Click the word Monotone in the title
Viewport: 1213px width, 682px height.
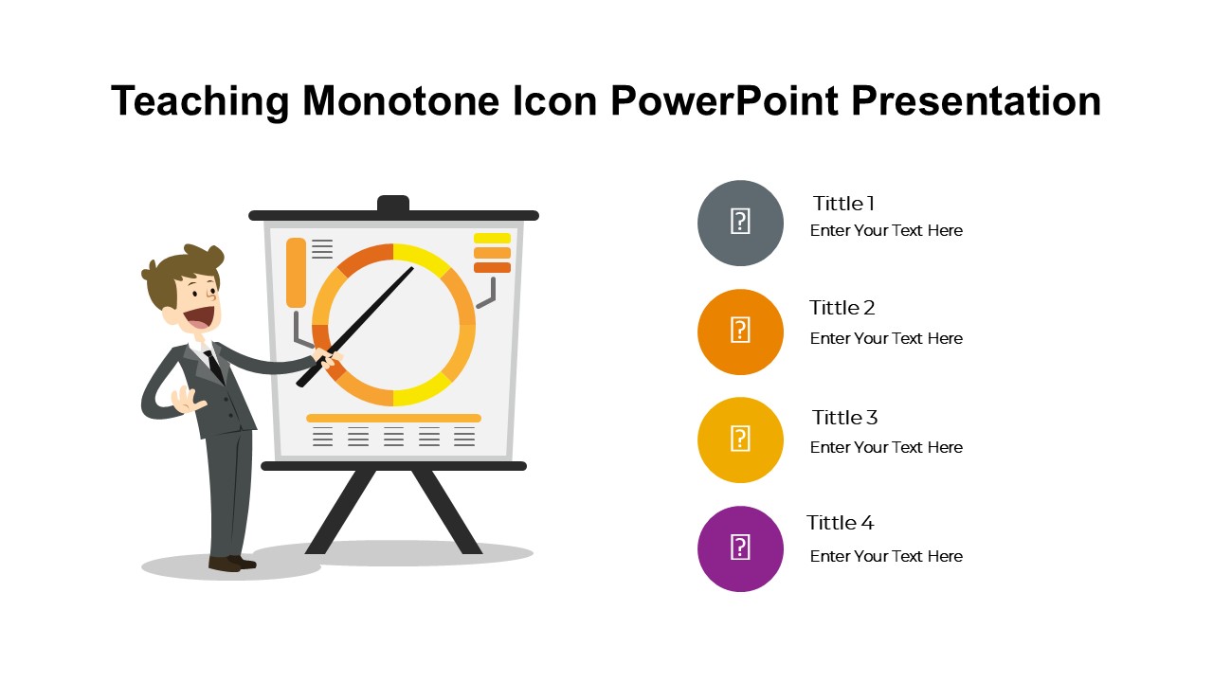pos(401,100)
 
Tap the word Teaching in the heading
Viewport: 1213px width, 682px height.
pos(200,101)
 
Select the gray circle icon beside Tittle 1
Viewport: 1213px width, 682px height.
pos(740,223)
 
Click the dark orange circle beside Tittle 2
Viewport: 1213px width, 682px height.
pos(740,332)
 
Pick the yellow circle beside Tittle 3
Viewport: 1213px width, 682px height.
pos(740,440)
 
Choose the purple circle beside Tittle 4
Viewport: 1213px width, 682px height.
pos(740,548)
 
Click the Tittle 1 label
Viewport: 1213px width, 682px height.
pos(843,204)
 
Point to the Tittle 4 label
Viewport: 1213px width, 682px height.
pos(840,522)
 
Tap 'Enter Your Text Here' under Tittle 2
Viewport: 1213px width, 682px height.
pos(886,338)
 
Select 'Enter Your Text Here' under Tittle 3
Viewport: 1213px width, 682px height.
pos(886,447)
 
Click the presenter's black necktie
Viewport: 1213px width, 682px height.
pos(214,366)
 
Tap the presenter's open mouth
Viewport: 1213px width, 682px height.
pos(199,317)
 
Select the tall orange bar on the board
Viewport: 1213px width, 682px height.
pos(296,273)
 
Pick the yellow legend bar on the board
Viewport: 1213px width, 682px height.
pos(492,238)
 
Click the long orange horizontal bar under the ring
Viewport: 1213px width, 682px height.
pos(393,418)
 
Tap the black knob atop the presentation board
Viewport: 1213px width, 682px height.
pos(393,204)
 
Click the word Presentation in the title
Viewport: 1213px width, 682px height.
pos(976,100)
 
